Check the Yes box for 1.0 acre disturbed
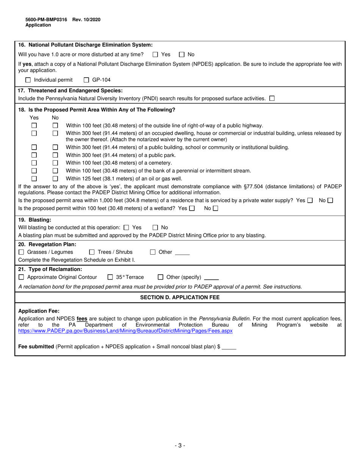point(155,54)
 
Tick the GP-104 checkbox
point(86,80)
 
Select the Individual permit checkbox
point(28,80)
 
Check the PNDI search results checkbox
point(272,99)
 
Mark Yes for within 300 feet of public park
point(34,155)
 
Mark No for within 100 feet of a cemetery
point(55,163)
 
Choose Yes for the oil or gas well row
point(34,178)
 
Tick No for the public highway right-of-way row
point(55,125)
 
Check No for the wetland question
point(216,208)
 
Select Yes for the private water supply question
point(310,200)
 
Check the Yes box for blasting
point(127,227)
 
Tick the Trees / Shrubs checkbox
point(92,252)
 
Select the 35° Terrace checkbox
point(110,277)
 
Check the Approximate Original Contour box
point(21,277)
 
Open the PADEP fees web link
point(125,331)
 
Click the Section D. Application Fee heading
point(180,297)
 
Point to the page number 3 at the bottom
point(180,446)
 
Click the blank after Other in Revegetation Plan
point(182,253)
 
